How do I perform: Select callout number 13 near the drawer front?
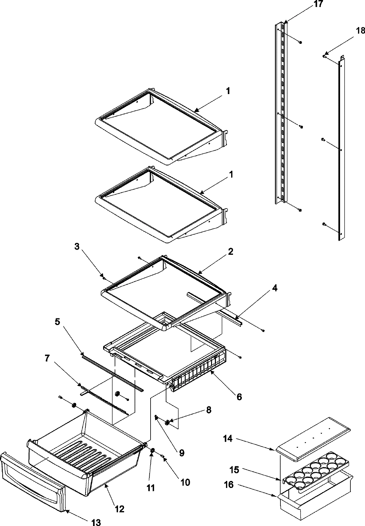click(96, 522)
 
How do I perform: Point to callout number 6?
click(239, 397)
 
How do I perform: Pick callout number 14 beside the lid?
click(228, 439)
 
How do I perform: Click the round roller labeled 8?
click(167, 422)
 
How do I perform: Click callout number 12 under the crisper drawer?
click(120, 509)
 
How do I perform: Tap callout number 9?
click(181, 453)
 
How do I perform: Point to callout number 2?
click(231, 251)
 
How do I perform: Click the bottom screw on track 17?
click(300, 210)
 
